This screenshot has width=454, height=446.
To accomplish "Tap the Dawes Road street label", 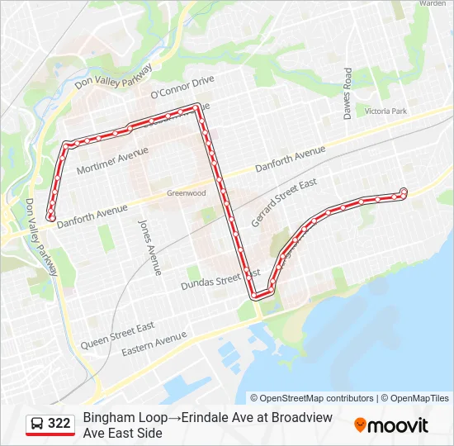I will pyautogui.click(x=348, y=93).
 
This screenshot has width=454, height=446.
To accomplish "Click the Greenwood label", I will pyautogui.click(x=186, y=192).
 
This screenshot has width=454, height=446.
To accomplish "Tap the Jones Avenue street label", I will pyautogui.click(x=150, y=246).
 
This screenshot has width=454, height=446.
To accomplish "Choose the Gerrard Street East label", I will pyautogui.click(x=283, y=202).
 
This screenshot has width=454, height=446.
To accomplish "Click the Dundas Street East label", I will pyautogui.click(x=220, y=278).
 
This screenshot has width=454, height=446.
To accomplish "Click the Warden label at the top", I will pyautogui.click(x=432, y=3).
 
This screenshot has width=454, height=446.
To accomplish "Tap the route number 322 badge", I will pyautogui.click(x=59, y=424).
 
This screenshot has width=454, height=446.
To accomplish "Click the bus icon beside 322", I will pyautogui.click(x=37, y=424).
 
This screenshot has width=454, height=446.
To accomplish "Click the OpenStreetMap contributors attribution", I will pyautogui.click(x=312, y=398).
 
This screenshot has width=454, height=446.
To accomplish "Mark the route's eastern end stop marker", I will pyautogui.click(x=404, y=192).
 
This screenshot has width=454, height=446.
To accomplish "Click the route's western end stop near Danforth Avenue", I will pyautogui.click(x=51, y=218).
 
